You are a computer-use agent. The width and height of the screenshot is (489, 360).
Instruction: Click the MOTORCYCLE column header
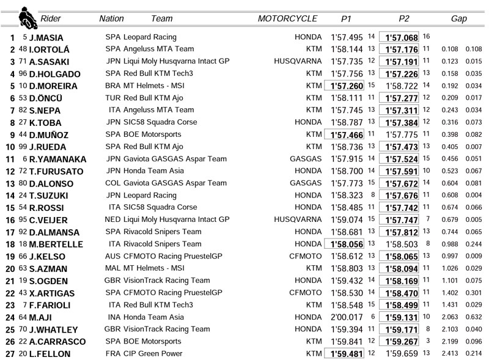(288, 18)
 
